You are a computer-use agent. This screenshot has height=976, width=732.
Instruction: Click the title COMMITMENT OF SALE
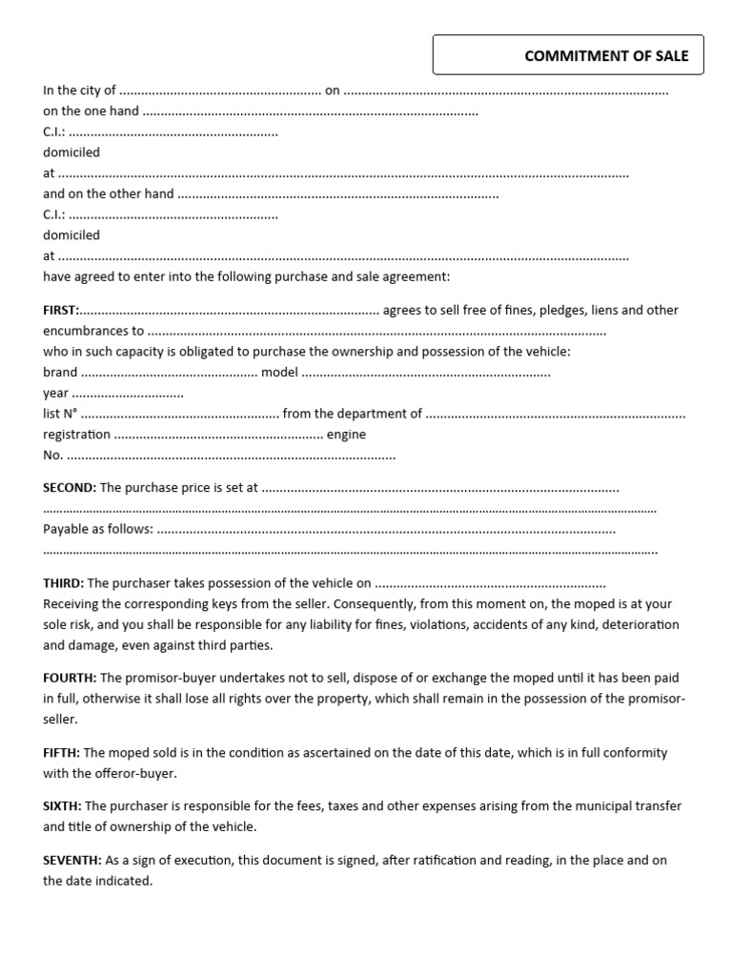point(600,55)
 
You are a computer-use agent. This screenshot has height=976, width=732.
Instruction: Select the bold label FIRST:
point(62,310)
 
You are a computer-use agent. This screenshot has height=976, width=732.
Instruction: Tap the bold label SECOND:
point(70,487)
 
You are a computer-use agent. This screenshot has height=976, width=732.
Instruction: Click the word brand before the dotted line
point(60,373)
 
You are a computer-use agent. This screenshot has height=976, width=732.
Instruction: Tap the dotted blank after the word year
point(128,394)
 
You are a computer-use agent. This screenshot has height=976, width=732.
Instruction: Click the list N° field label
point(60,414)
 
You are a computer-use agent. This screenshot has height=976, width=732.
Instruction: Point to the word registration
point(77,435)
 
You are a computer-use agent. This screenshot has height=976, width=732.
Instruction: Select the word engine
point(346,435)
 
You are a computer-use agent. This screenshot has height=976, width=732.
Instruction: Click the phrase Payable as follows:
point(97,529)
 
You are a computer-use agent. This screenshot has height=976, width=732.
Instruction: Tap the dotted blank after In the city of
point(220,91)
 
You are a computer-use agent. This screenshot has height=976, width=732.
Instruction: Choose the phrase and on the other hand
point(109,193)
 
